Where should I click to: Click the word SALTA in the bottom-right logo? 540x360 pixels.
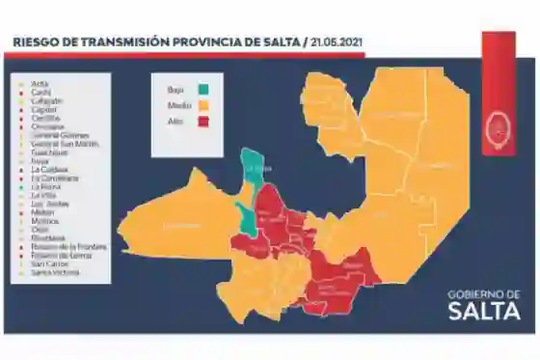(x=484, y=311)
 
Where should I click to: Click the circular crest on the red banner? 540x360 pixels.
(x=499, y=127)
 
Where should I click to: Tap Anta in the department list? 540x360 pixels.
(x=40, y=83)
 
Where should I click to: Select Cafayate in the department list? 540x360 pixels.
(x=46, y=100)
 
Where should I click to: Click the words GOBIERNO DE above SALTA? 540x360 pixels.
(x=484, y=293)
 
